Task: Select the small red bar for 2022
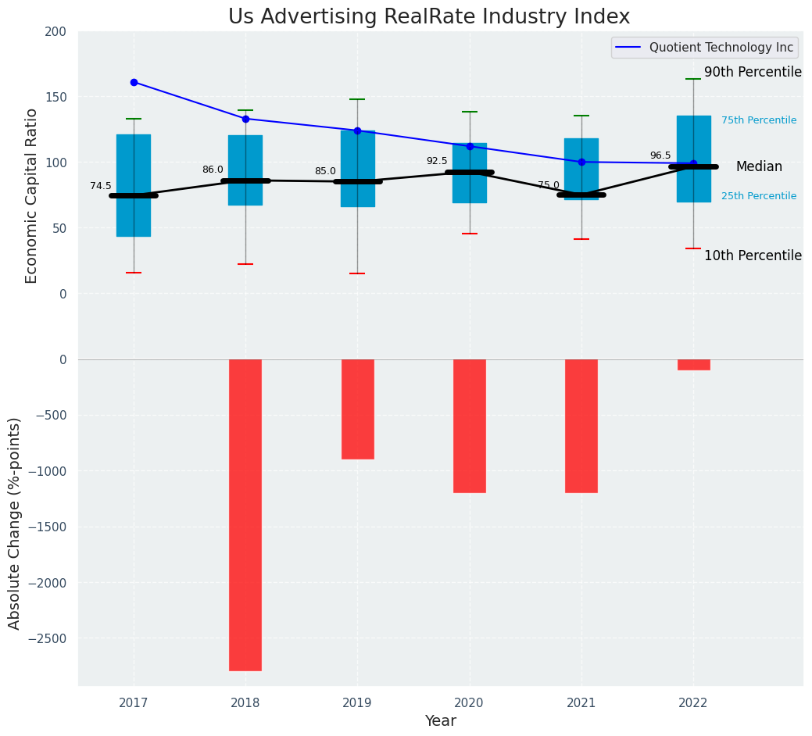pos(693,364)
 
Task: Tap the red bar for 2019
pos(357,409)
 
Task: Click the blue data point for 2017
pos(134,82)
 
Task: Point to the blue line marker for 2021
pos(581,162)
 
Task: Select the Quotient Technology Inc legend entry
pos(721,48)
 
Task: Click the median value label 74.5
pos(101,186)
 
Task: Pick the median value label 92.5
pos(437,161)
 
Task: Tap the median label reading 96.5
pos(660,155)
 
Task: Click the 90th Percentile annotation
pos(753,72)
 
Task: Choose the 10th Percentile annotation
pos(753,255)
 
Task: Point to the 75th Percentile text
pos(759,120)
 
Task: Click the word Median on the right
pos(759,166)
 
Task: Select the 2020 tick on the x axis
pos(470,703)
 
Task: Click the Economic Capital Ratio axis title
pos(32,195)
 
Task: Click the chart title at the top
pos(429,17)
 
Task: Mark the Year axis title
pos(441,721)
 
